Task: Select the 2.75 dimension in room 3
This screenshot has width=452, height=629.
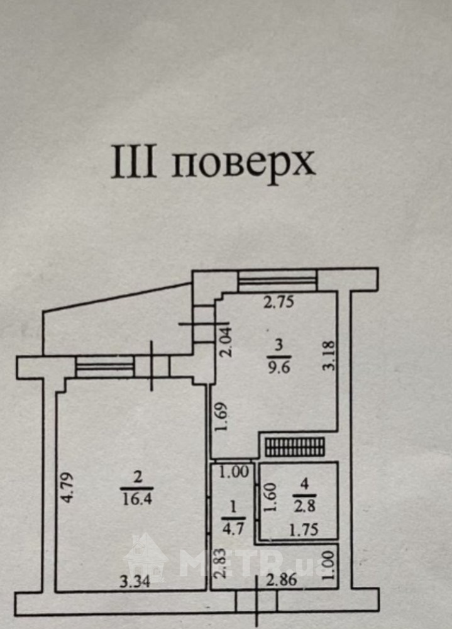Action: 278,302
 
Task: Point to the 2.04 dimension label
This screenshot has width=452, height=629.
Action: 226,342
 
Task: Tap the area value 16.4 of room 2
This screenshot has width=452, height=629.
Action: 136,499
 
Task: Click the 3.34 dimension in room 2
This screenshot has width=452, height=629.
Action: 135,581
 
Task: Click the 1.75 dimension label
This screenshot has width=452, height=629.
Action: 304,530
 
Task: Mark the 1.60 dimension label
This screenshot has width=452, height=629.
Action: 271,497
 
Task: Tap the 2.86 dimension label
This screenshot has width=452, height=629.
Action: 282,580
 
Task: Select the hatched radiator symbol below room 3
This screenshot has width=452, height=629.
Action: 295,447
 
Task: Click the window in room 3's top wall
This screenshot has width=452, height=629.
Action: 277,280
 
